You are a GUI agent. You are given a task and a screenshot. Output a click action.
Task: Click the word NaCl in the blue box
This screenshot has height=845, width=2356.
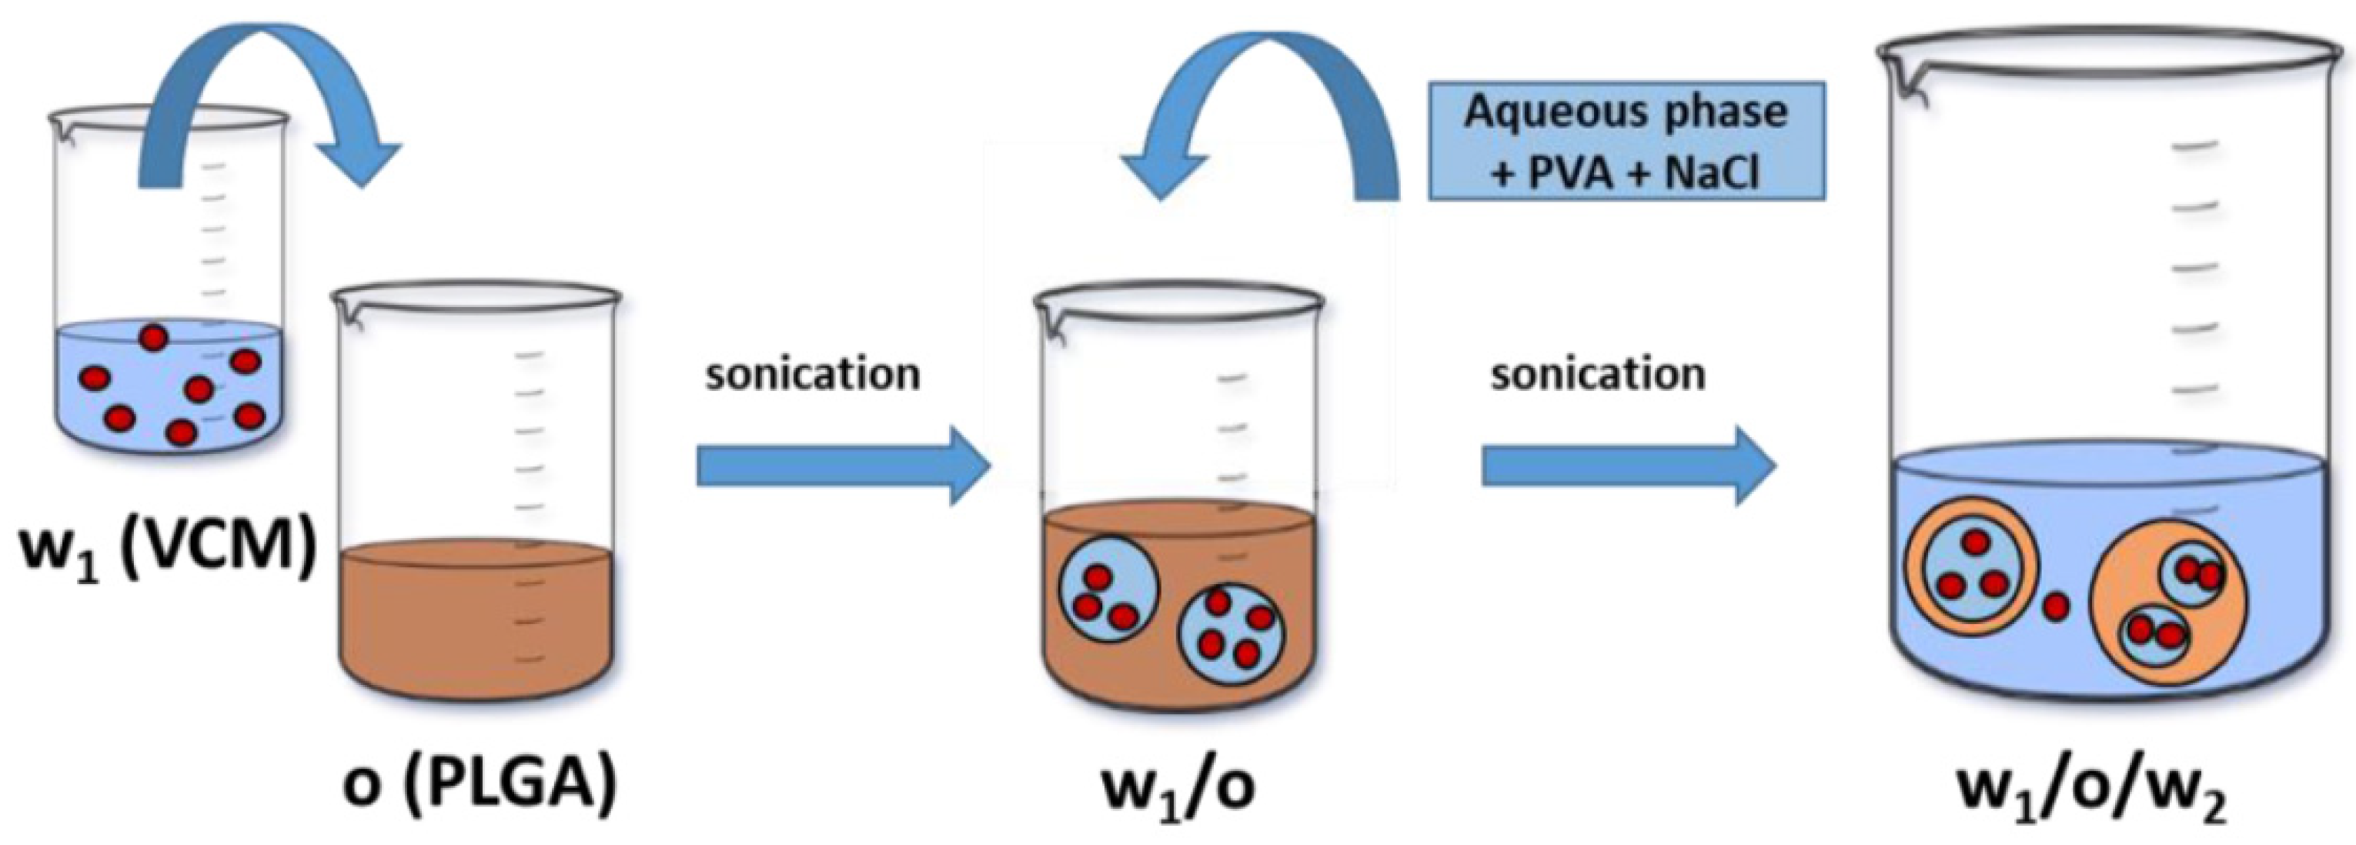(1711, 171)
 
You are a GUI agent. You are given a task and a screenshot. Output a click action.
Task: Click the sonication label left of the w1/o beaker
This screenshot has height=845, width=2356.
(812, 375)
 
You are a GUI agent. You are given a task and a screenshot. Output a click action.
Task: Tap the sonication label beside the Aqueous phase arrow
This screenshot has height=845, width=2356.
(1598, 375)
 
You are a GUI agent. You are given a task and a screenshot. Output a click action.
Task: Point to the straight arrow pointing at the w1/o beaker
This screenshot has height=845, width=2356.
(842, 467)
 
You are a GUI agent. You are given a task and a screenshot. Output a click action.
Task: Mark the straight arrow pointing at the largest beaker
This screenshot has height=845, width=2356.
(1628, 467)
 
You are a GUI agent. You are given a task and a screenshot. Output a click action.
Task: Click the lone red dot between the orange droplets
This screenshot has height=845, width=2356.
(2055, 606)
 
